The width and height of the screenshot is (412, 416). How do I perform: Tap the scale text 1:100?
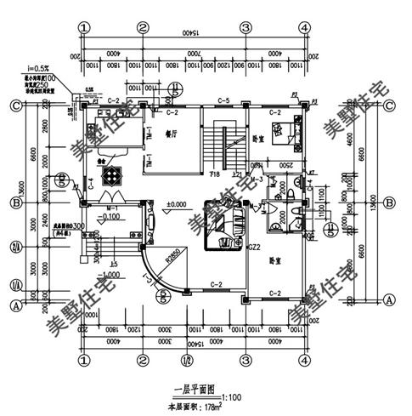coord(230,396)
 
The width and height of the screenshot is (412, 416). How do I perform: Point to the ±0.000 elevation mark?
coord(177,205)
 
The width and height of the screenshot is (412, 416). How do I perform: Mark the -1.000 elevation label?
coord(107,276)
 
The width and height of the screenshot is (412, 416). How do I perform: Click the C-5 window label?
coord(224,101)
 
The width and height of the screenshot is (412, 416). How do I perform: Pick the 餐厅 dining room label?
coord(171,134)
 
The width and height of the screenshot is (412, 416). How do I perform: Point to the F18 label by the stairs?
coord(217,173)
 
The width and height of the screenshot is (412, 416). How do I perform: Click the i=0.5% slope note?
coord(38,67)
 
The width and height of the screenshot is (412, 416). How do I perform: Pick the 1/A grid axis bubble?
coord(14,286)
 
